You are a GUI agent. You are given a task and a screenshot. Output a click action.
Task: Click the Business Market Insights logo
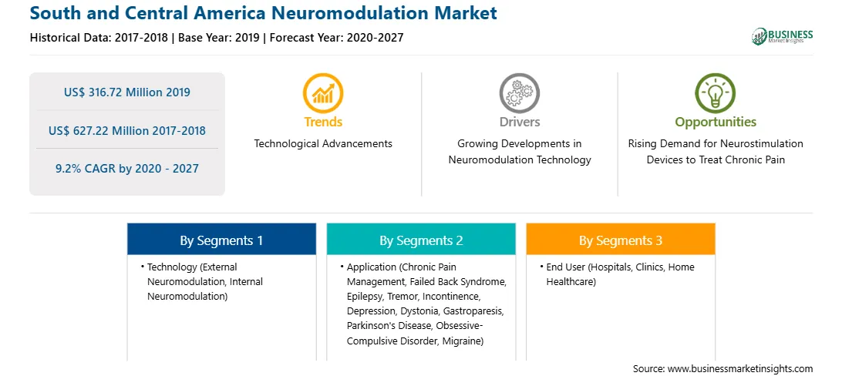[782, 36]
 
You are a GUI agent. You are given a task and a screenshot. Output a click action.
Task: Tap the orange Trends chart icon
[323, 92]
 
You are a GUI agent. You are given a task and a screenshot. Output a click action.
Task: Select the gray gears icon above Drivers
[519, 92]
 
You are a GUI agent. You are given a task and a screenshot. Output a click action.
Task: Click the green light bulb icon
[716, 92]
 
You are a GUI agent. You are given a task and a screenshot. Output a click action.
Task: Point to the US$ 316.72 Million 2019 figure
[126, 92]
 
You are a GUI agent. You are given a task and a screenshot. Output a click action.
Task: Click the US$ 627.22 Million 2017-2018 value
[126, 130]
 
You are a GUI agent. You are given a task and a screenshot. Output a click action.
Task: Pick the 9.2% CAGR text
[126, 169]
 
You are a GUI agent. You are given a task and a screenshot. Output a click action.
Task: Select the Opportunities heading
[716, 123]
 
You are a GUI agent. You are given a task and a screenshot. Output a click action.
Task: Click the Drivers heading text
[519, 123]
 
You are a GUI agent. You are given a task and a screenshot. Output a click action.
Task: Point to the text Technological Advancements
[323, 144]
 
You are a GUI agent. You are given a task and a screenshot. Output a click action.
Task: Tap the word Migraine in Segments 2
[463, 341]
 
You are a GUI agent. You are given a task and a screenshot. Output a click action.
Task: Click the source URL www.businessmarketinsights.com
[740, 369]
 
